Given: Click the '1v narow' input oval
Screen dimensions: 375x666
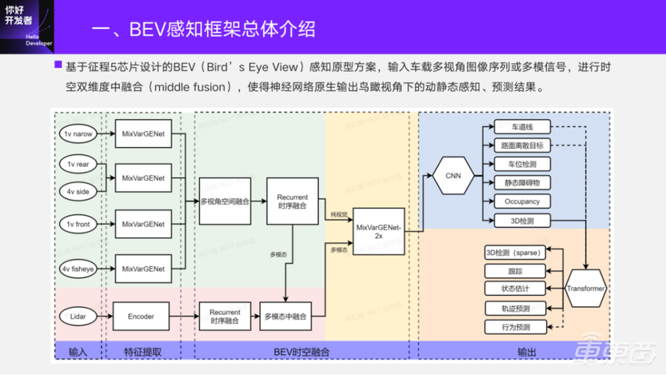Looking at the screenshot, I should [79, 135].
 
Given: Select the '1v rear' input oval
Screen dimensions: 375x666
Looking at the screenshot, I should [78, 164].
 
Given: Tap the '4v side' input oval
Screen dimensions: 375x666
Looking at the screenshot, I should [78, 190].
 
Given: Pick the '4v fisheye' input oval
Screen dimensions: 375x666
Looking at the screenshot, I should [79, 269].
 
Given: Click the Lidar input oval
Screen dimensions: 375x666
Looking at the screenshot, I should [78, 316].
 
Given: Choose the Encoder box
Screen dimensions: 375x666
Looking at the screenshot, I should [141, 316].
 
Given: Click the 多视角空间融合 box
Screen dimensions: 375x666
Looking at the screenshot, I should [225, 201].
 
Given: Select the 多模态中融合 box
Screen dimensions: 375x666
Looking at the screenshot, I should [284, 316].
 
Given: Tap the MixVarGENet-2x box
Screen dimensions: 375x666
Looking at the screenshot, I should [378, 230].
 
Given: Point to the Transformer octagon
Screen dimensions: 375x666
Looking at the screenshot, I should [585, 288].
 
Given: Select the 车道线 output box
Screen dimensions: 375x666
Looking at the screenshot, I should [521, 127].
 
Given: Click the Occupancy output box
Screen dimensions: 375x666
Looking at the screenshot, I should [521, 201].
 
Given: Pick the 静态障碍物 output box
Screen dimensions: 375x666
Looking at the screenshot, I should [521, 182].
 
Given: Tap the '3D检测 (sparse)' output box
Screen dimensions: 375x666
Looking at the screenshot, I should [513, 252].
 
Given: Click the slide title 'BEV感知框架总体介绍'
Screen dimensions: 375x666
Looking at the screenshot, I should [203, 30].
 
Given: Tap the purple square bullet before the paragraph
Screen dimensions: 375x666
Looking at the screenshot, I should [57, 65].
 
